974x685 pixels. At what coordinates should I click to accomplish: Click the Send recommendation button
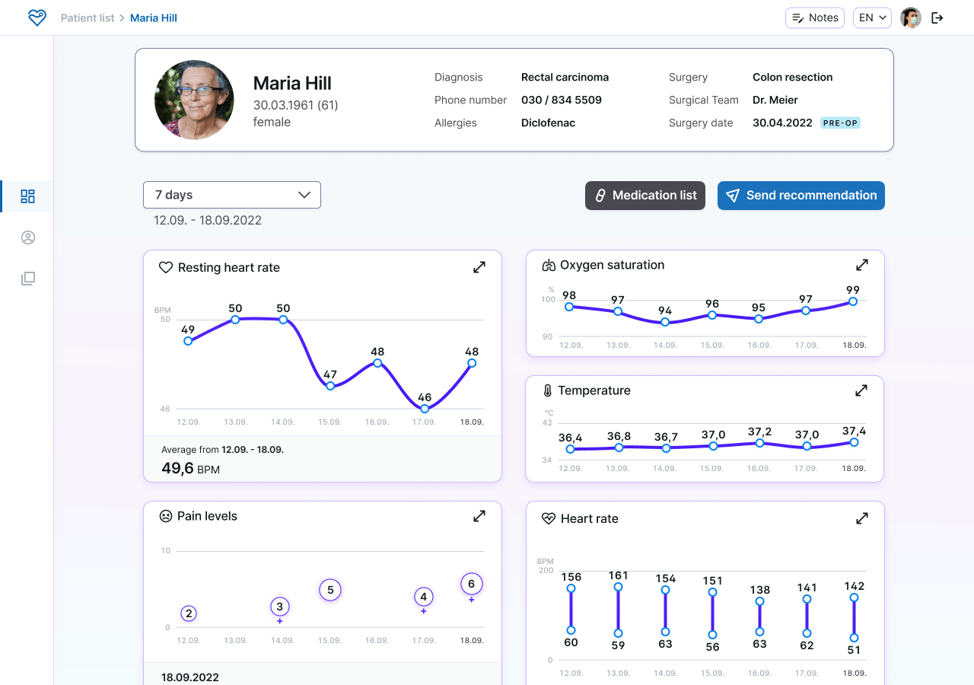801,196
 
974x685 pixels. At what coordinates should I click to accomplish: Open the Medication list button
645,196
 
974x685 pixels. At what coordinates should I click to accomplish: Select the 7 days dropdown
232,195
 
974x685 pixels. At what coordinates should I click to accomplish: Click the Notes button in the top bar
814,18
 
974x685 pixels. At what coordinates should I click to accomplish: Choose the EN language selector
872,18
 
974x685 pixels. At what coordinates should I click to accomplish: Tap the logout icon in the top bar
937,18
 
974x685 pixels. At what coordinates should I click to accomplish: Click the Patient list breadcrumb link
88,18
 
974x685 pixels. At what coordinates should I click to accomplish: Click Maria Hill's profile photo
194,100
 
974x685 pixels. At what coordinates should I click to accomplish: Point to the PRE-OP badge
840,123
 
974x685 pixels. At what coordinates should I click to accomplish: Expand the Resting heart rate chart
479,267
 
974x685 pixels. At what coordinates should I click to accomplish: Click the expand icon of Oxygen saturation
862,265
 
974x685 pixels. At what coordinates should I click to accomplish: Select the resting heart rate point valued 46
425,409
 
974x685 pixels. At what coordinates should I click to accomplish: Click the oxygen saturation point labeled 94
665,322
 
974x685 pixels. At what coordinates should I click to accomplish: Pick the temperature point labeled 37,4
854,442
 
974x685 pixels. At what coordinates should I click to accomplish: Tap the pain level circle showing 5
330,590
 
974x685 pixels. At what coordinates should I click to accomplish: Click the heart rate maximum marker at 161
618,587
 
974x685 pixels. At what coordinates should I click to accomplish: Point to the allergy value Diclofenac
548,123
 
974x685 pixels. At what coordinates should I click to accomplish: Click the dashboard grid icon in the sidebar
28,196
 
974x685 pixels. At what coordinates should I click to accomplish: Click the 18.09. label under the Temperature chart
854,468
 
